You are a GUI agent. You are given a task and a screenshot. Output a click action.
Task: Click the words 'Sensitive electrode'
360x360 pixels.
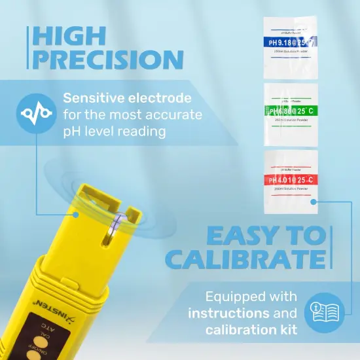tap(127, 98)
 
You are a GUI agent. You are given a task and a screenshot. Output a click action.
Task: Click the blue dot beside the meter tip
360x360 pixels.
tap(75, 214)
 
